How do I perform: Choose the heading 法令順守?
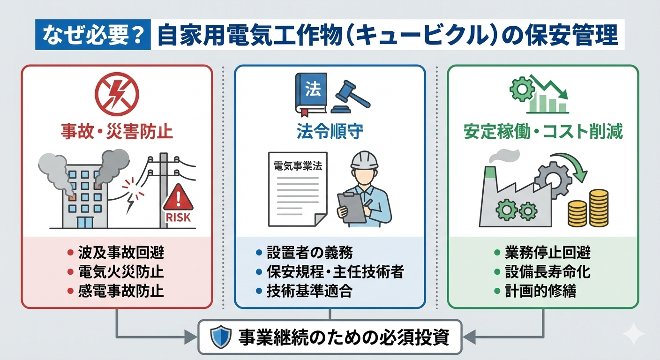click(x=330, y=132)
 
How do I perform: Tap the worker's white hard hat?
click(x=365, y=161)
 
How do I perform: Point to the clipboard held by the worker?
click(x=352, y=207)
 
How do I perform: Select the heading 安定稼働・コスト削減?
click(x=543, y=132)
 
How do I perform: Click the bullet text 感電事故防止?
click(x=120, y=291)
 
